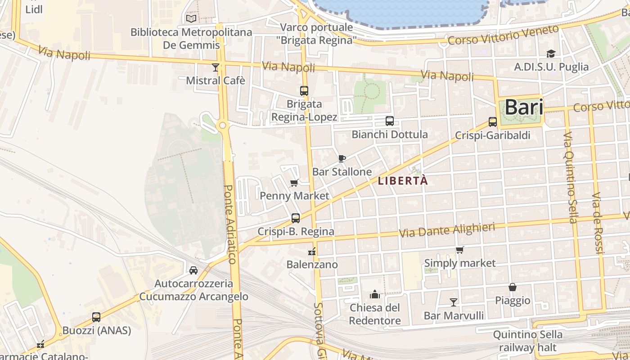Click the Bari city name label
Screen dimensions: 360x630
tap(523, 108)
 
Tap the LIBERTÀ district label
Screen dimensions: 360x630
tap(403, 181)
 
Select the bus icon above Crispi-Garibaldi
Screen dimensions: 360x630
tap(492, 122)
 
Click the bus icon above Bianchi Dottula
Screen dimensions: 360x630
tap(389, 121)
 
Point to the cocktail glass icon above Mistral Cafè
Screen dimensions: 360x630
tap(216, 67)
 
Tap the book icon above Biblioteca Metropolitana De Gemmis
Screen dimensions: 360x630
tap(191, 18)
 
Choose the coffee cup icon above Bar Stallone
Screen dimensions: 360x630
tap(342, 158)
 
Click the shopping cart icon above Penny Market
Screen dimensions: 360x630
tap(294, 182)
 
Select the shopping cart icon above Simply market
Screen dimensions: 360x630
tap(459, 250)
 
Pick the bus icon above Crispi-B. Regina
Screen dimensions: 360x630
tap(296, 218)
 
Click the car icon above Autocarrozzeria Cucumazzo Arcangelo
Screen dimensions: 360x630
tap(193, 270)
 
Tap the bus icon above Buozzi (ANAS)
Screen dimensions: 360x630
tap(96, 317)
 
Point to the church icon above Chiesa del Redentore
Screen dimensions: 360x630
tap(374, 295)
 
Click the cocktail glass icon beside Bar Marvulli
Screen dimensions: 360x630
tap(453, 302)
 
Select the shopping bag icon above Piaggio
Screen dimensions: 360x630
tap(512, 287)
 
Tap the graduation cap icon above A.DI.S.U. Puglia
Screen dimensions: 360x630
tap(551, 54)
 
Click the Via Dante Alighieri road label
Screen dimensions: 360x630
tap(447, 230)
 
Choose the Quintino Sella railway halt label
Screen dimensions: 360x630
tap(527, 341)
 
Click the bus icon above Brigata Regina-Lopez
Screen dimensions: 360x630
tap(304, 91)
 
